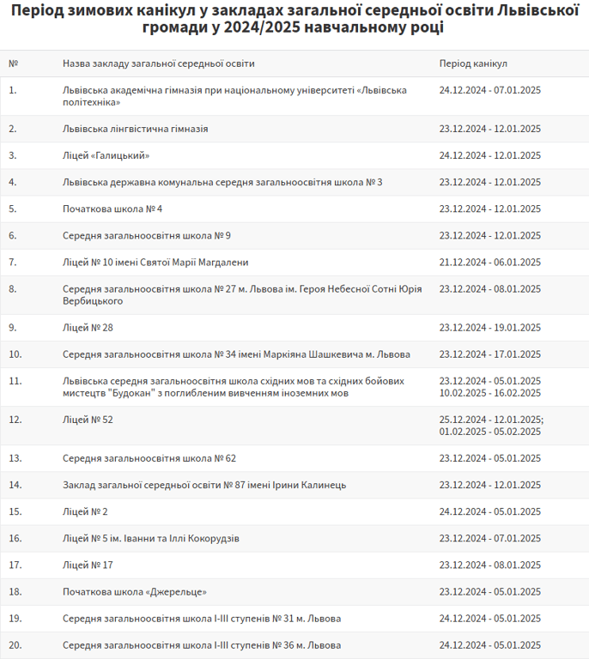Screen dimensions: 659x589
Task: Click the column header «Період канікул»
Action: (x=473, y=63)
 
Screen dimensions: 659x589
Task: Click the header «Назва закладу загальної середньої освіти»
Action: (x=158, y=63)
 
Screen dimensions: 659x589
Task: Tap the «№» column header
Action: (x=13, y=63)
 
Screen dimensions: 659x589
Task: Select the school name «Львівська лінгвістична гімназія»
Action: (x=135, y=129)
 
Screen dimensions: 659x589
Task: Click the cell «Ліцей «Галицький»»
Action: (x=106, y=155)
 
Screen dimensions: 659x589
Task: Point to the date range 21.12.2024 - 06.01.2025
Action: (x=489, y=263)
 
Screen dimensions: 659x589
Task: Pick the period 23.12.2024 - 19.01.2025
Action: (x=489, y=328)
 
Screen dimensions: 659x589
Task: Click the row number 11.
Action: (x=15, y=380)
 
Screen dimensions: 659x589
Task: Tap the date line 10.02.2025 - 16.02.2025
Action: (x=489, y=393)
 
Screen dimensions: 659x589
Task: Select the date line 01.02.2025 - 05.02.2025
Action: (x=489, y=432)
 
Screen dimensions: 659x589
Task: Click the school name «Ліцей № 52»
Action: (x=88, y=420)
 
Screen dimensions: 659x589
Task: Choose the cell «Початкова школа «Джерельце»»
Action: (x=135, y=592)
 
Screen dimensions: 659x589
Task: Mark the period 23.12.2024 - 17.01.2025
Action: (x=489, y=354)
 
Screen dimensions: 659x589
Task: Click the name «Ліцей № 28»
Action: (x=88, y=328)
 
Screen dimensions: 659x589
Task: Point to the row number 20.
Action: (x=15, y=645)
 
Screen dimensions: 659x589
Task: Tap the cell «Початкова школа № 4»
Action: (x=112, y=209)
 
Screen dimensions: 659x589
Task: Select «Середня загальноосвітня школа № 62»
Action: (x=149, y=458)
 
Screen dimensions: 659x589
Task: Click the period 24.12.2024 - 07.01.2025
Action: (x=489, y=89)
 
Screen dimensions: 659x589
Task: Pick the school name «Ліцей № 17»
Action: (x=88, y=565)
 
